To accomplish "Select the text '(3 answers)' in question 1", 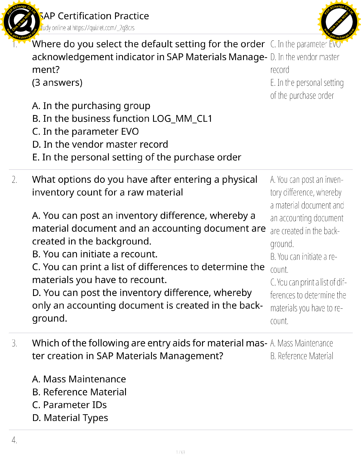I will click(57, 83).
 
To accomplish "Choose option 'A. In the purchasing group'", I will click(91, 106).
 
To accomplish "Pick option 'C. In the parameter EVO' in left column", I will click(85, 131).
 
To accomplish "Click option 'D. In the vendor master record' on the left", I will click(100, 144).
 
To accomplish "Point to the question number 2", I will click(14, 180).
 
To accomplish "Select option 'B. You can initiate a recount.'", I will click(95, 254).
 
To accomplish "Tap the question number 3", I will click(14, 343).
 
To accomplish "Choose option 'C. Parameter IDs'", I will click(69, 405).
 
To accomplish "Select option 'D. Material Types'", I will click(70, 418).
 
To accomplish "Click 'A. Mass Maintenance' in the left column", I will click(79, 379).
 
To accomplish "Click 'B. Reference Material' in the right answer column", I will click(302, 356).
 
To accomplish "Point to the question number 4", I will click(14, 440).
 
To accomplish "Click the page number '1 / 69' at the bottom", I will click(180, 452).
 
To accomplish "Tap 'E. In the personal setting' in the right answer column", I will click(307, 83).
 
